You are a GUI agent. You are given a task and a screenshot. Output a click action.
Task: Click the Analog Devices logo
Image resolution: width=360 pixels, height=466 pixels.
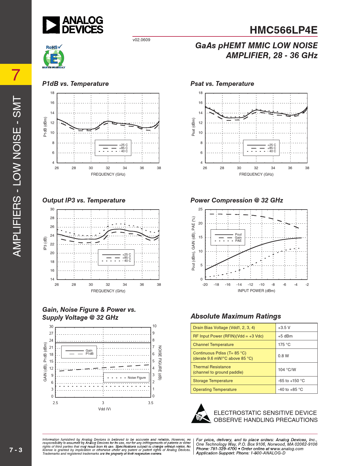coord(73,25)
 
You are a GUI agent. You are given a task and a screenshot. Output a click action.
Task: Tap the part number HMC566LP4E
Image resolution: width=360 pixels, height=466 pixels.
coord(283,30)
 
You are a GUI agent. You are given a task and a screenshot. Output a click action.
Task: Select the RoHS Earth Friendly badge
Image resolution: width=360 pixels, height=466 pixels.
coord(54,57)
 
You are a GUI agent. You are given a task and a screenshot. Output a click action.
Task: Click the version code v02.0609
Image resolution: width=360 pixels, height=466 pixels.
coord(141,40)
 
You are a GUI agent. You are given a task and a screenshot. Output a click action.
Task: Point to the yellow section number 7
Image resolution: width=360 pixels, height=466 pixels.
coord(16,75)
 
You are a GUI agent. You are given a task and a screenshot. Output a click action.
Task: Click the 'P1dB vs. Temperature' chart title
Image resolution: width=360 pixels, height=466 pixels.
coord(75,84)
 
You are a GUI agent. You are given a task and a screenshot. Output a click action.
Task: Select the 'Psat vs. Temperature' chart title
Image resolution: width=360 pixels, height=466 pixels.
coord(222,84)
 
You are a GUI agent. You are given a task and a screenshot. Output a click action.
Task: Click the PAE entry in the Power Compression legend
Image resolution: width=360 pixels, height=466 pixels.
coord(238,241)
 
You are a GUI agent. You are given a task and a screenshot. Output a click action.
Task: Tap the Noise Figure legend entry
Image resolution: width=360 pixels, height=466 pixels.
coord(137,378)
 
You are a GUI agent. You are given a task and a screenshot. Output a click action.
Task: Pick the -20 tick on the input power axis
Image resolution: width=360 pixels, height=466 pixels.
coord(205,284)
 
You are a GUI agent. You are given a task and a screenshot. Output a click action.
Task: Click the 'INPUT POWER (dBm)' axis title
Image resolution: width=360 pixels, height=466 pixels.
coord(256,291)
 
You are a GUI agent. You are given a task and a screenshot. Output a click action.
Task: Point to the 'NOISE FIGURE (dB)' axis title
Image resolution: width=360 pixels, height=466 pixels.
coord(160,363)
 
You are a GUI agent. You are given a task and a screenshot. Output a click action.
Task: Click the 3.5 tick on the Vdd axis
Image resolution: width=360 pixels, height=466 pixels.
coord(151,403)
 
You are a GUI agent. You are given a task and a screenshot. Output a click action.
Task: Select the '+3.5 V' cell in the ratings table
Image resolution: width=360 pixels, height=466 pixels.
coord(284,328)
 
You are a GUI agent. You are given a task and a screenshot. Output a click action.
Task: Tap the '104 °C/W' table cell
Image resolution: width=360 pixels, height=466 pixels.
coord(287,369)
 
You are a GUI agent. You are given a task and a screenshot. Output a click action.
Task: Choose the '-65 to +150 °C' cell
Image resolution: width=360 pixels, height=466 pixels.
coord(291,381)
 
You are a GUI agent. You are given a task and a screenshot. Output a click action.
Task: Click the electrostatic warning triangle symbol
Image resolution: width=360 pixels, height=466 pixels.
coord(201,414)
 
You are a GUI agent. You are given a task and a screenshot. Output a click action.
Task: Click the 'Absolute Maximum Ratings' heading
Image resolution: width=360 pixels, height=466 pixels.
coord(236,316)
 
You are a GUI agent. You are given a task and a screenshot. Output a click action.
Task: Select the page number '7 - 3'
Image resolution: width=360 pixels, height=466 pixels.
coord(16,450)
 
